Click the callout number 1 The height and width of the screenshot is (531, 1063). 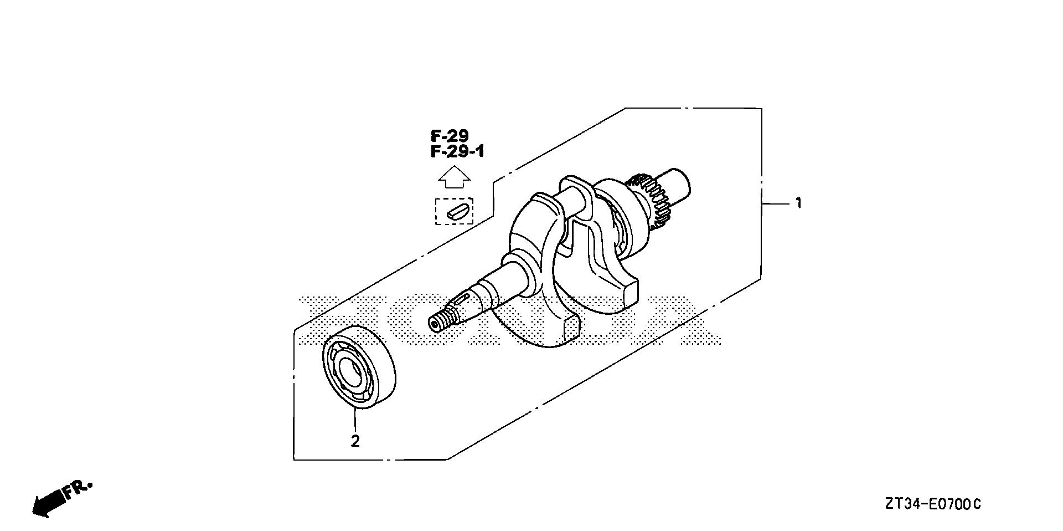click(798, 203)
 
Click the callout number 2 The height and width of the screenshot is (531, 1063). click(355, 441)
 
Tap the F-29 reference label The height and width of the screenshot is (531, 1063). click(450, 136)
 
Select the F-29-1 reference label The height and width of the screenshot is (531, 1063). click(457, 151)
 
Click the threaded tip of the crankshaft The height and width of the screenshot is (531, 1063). click(441, 321)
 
